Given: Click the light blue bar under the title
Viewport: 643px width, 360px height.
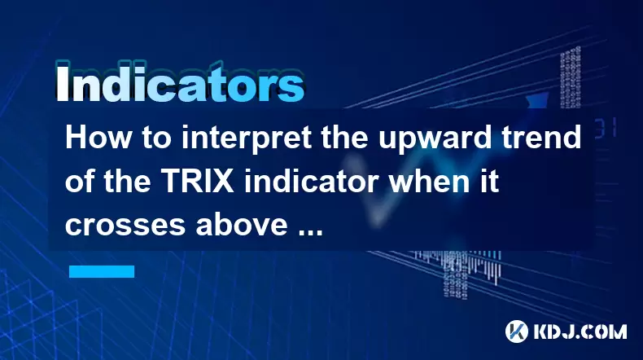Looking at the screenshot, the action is (x=102, y=271).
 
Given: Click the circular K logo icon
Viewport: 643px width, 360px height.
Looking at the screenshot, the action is (x=517, y=331).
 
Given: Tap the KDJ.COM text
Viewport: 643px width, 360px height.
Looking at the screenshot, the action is (x=580, y=331).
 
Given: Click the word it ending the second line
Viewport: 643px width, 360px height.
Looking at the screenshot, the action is (x=492, y=181).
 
